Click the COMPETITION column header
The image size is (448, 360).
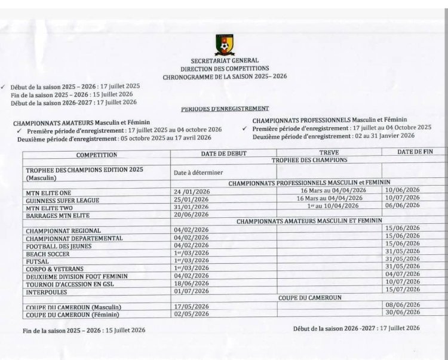[96, 155]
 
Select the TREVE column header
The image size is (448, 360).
[329, 152]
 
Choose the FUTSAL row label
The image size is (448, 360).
[39, 261]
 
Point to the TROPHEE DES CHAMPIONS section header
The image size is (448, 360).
[309, 161]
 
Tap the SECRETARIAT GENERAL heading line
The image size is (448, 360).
[225, 60]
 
